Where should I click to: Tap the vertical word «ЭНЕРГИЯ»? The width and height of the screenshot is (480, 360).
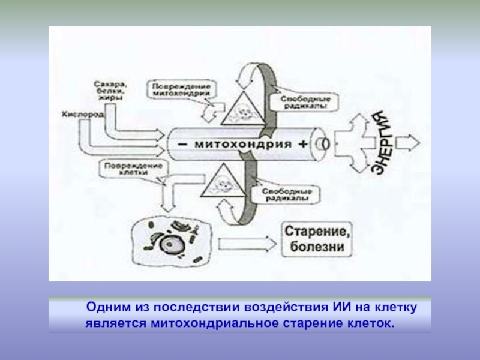click(382, 142)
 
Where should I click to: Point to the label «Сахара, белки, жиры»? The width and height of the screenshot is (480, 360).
click(111, 91)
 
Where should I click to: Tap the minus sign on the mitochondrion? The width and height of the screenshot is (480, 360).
click(181, 145)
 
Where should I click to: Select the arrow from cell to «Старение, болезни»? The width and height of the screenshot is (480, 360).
click(245, 244)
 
